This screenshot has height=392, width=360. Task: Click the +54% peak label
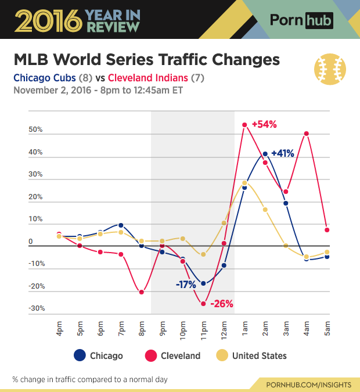click(x=264, y=124)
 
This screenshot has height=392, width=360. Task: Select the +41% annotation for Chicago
click(x=282, y=154)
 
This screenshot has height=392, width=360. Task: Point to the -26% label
click(x=221, y=303)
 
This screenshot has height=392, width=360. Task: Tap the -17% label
click(x=186, y=285)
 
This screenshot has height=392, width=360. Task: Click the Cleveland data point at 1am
click(x=244, y=125)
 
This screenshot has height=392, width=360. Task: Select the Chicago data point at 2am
click(x=265, y=154)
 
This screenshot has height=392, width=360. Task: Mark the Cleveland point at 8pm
click(x=142, y=292)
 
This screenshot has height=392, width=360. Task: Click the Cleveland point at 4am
click(x=306, y=134)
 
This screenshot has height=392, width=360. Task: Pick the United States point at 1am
click(x=244, y=183)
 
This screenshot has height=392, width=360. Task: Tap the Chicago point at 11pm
click(x=203, y=283)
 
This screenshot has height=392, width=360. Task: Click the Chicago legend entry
click(x=99, y=355)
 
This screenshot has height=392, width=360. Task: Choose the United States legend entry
click(x=253, y=355)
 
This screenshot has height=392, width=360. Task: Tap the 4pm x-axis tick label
click(x=60, y=330)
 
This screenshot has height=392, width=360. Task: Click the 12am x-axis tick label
click(x=224, y=329)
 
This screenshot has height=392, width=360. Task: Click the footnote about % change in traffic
click(x=90, y=379)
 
